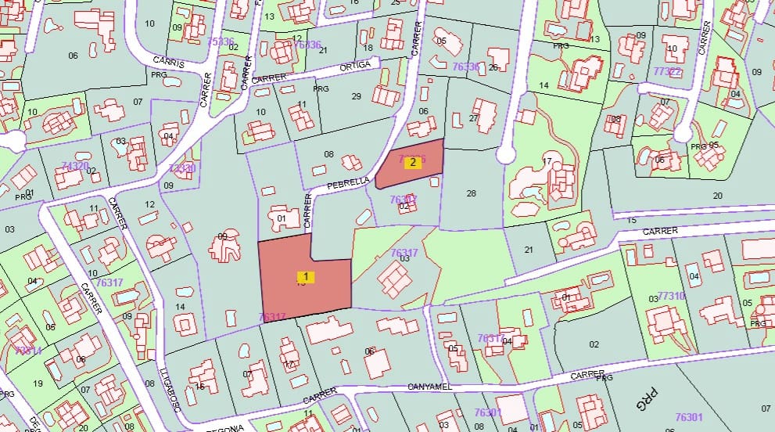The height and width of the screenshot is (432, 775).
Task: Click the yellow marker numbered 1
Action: (x=307, y=276)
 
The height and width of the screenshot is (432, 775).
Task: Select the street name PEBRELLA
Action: (x=348, y=182)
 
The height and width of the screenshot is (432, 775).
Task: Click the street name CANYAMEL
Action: (x=431, y=387)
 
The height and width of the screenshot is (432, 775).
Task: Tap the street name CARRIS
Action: (x=169, y=61)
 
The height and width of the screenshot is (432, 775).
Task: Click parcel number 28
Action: (x=471, y=193)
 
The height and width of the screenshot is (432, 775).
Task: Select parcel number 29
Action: (x=357, y=95)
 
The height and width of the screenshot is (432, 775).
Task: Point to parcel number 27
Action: (x=473, y=118)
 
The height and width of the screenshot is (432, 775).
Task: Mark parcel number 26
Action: (x=493, y=67)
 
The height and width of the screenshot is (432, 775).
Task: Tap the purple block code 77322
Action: (x=667, y=71)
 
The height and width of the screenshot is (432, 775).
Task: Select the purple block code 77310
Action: (x=671, y=296)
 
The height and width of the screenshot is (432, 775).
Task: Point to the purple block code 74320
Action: (x=75, y=166)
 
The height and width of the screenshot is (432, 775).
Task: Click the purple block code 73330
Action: (x=182, y=168)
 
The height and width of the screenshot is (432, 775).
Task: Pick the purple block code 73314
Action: (x=28, y=351)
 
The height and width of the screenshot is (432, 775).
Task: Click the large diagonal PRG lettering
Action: (x=644, y=402)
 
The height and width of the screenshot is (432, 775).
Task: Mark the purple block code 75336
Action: (x=221, y=41)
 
